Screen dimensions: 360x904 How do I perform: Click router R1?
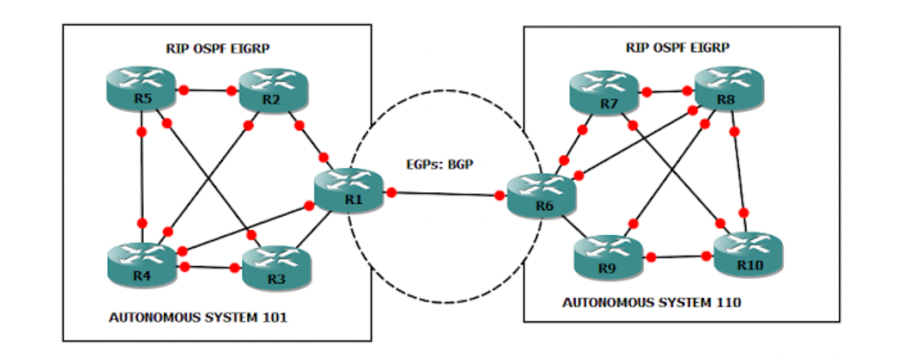[349, 191]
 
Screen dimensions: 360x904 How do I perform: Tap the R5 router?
[141, 89]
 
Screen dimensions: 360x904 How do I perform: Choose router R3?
[276, 269]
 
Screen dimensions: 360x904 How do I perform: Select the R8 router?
[729, 89]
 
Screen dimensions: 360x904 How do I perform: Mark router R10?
[748, 255]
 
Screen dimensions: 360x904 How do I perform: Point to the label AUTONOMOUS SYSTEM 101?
[197, 318]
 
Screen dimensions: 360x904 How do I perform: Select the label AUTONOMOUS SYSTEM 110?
[651, 303]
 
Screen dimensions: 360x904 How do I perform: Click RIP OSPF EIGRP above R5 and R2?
[217, 48]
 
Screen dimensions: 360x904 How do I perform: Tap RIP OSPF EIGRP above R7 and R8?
[677, 47]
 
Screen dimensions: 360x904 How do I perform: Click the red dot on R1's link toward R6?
[391, 192]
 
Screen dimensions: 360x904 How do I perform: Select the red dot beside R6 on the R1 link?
[499, 196]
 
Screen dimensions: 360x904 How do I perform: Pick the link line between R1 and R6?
[446, 194]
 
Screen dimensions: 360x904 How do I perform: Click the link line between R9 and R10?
[679, 256]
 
